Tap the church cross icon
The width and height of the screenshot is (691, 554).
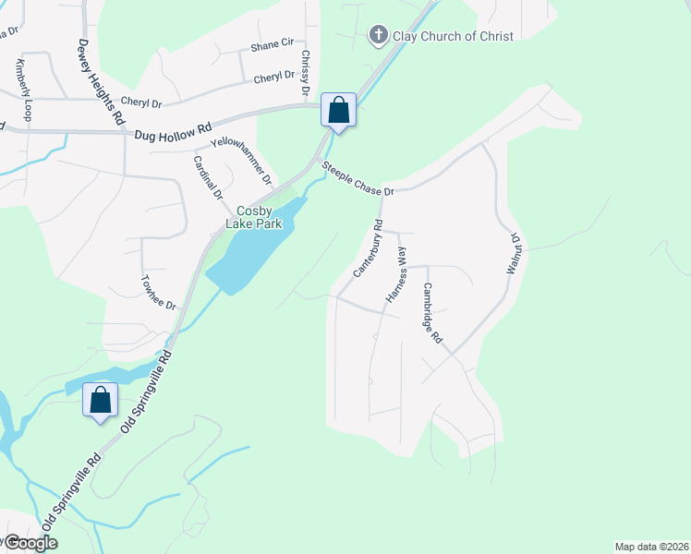[377, 36]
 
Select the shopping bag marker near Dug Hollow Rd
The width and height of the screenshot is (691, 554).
[339, 111]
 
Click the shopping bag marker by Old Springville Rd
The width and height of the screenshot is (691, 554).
[100, 401]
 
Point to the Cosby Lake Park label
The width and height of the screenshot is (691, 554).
[255, 217]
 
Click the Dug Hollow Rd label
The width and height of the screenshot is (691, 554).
[173, 134]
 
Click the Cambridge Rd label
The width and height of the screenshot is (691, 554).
[432, 313]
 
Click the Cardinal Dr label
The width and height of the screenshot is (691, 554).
[208, 177]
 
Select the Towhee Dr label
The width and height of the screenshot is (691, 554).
[157, 292]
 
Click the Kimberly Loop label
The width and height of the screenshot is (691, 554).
[22, 90]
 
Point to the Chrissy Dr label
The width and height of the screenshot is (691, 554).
[305, 76]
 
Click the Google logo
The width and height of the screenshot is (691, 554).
[30, 543]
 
